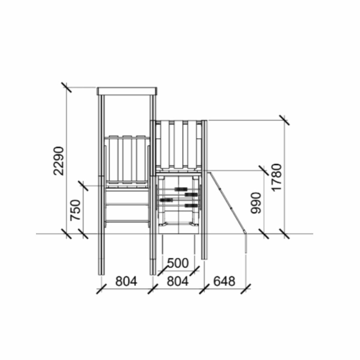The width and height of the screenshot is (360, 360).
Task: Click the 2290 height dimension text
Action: tap(58, 161)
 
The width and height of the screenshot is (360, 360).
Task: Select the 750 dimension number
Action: tap(76, 210)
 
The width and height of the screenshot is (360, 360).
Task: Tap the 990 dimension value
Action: tap(256, 203)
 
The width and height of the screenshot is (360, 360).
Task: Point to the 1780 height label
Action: tap(276, 177)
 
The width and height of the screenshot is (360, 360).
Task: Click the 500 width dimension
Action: tap(178, 263)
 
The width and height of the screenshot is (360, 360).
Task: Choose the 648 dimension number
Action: tap(224, 281)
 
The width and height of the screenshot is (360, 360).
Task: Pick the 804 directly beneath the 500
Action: tap(178, 281)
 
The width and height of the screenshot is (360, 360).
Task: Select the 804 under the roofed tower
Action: tap(126, 281)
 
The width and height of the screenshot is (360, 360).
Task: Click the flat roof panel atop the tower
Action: tap(127, 91)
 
